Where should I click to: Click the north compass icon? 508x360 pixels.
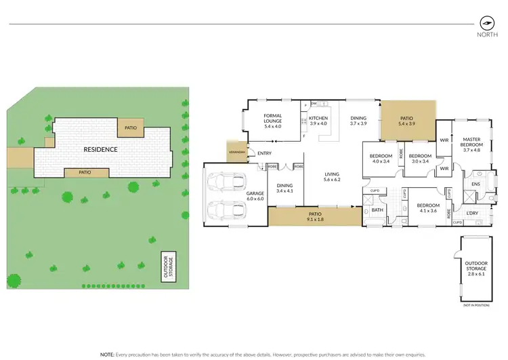coord(485,22)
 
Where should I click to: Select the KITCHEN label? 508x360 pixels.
coord(318,120)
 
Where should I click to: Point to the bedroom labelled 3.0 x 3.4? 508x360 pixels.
coord(421,158)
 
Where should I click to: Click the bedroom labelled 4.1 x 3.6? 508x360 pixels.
coord(429,208)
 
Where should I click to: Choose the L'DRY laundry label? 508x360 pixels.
coord(473,214)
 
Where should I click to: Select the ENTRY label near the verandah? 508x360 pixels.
coord(264,153)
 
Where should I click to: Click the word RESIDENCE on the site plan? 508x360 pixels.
coord(101,149)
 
